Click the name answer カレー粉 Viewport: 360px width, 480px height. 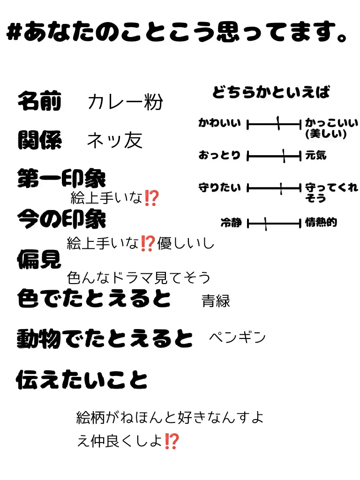(125, 102)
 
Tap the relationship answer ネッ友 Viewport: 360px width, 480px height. (115, 140)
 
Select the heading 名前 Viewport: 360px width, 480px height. (39, 102)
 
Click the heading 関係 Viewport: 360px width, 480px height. (39, 140)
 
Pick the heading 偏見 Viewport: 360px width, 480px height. (39, 258)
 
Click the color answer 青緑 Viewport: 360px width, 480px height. (216, 300)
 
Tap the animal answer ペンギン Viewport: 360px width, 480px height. (237, 337)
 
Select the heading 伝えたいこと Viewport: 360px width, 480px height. (82, 380)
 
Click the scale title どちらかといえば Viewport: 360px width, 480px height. (271, 92)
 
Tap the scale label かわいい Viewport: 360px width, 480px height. (219, 124)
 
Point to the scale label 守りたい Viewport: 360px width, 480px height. (219, 188)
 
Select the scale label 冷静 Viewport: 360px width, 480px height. (231, 223)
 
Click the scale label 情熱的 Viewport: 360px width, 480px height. (321, 223)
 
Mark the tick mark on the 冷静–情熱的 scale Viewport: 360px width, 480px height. (265, 224)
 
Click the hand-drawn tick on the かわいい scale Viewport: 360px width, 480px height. (278, 124)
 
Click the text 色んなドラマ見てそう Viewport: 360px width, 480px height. (139, 278)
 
